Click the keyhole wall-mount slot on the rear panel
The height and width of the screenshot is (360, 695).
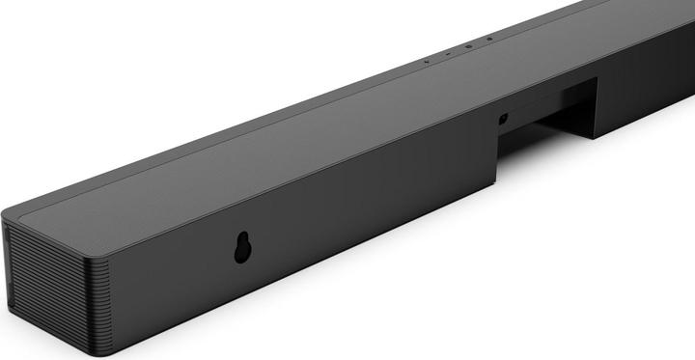click(x=241, y=248)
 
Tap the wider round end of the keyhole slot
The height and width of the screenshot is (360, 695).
click(x=241, y=254)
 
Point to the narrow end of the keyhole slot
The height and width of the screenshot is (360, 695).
click(x=241, y=238)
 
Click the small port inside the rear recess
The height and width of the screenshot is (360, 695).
click(x=503, y=120)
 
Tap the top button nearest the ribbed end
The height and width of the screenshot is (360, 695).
click(x=426, y=62)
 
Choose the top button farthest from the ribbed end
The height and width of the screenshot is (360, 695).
click(x=488, y=39)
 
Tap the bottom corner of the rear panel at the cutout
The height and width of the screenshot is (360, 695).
click(x=496, y=182)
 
